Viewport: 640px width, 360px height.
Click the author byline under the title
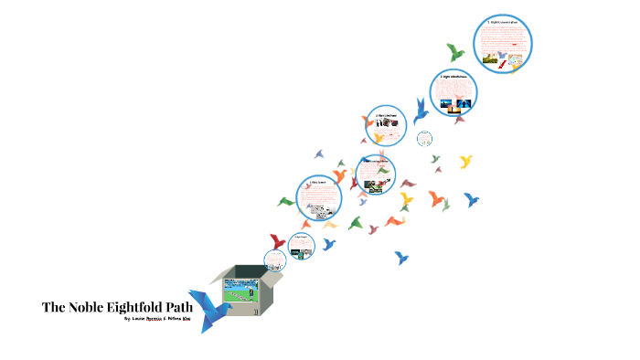click(x=156, y=321)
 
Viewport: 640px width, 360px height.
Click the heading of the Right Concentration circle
click(x=503, y=21)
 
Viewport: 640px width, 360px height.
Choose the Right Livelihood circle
click(x=387, y=126)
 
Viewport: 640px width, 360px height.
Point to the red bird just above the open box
click(x=275, y=242)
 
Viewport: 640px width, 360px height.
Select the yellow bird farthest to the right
click(x=465, y=163)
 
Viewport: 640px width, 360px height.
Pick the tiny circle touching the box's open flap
click(x=272, y=259)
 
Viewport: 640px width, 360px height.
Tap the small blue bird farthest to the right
click(x=472, y=199)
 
